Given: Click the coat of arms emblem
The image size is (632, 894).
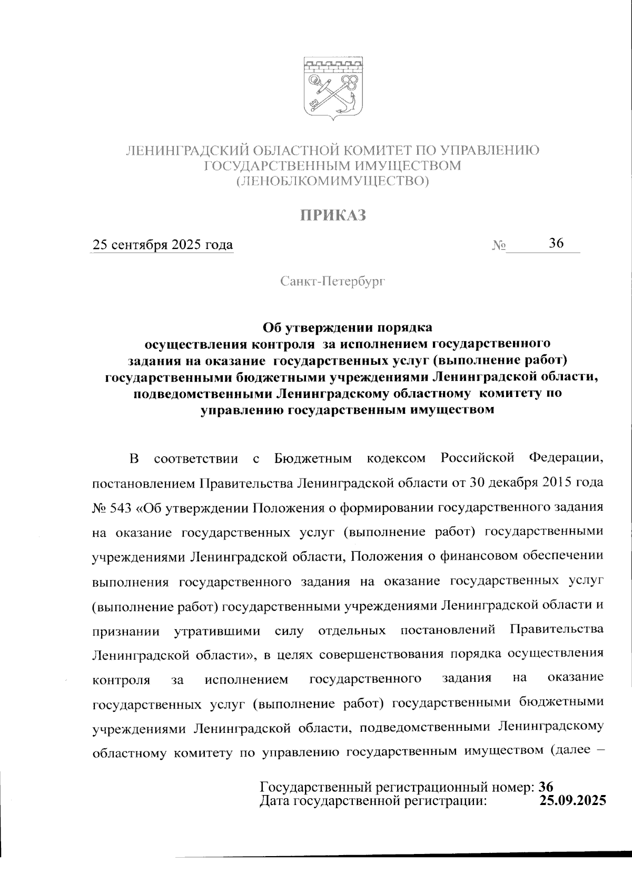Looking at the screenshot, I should click(333, 90).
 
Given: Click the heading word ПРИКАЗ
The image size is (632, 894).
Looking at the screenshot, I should click(333, 216).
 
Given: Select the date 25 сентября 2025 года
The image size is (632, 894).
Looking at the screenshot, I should click(163, 245).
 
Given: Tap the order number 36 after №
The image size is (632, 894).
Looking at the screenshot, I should click(556, 243).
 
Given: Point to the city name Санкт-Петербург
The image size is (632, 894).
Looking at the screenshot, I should click(333, 282).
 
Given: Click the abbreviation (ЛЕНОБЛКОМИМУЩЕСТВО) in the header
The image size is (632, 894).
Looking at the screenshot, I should click(333, 182).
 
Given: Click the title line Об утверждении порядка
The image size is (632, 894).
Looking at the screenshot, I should click(347, 327).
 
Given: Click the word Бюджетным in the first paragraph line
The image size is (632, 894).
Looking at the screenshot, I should click(313, 459).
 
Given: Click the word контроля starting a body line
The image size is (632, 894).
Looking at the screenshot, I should click(121, 680).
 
